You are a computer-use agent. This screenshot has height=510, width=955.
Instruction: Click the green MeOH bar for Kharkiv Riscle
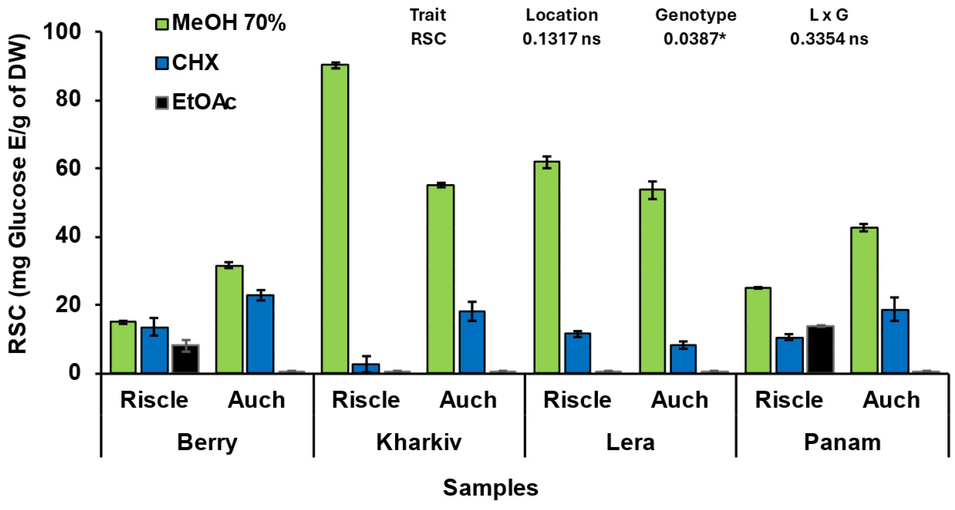click(x=335, y=219)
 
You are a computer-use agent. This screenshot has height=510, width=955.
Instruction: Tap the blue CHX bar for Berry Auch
click(x=260, y=334)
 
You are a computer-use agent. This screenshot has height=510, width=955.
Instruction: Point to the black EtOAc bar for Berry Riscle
click(x=185, y=359)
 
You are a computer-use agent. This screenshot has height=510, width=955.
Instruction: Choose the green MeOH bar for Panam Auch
click(x=864, y=300)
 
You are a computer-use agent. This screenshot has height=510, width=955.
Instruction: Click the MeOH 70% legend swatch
click(x=162, y=24)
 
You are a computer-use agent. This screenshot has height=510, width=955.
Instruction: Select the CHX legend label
click(x=195, y=63)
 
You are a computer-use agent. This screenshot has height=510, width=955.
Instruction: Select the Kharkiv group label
click(x=419, y=442)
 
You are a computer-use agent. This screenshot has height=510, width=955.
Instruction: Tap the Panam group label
click(x=842, y=442)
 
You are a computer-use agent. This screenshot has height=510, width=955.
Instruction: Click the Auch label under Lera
click(x=679, y=400)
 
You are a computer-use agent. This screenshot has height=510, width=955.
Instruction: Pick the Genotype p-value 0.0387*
click(x=694, y=39)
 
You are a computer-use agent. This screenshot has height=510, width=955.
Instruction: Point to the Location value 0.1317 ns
click(x=561, y=39)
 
